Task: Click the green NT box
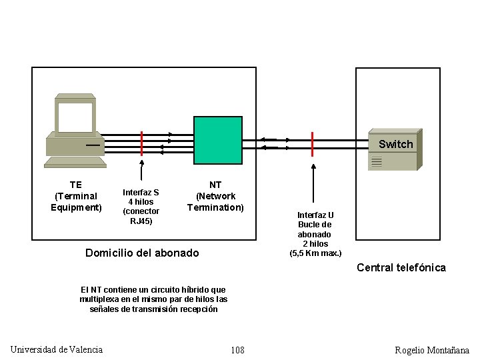tap(217, 139)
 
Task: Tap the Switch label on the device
tap(395, 144)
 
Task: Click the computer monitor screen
tap(75, 117)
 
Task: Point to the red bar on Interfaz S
tap(141, 143)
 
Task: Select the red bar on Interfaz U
tap(312, 144)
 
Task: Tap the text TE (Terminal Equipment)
tap(76, 196)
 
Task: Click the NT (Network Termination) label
tap(215, 196)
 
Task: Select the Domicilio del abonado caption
tap(142, 253)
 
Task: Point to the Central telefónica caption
tap(401, 267)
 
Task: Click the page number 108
tap(237, 350)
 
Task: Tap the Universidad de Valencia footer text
tap(57, 349)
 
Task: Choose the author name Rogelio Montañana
tap(432, 350)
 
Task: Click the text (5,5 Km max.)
tap(315, 253)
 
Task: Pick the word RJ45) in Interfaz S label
tap(141, 221)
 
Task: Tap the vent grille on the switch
tap(377, 161)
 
